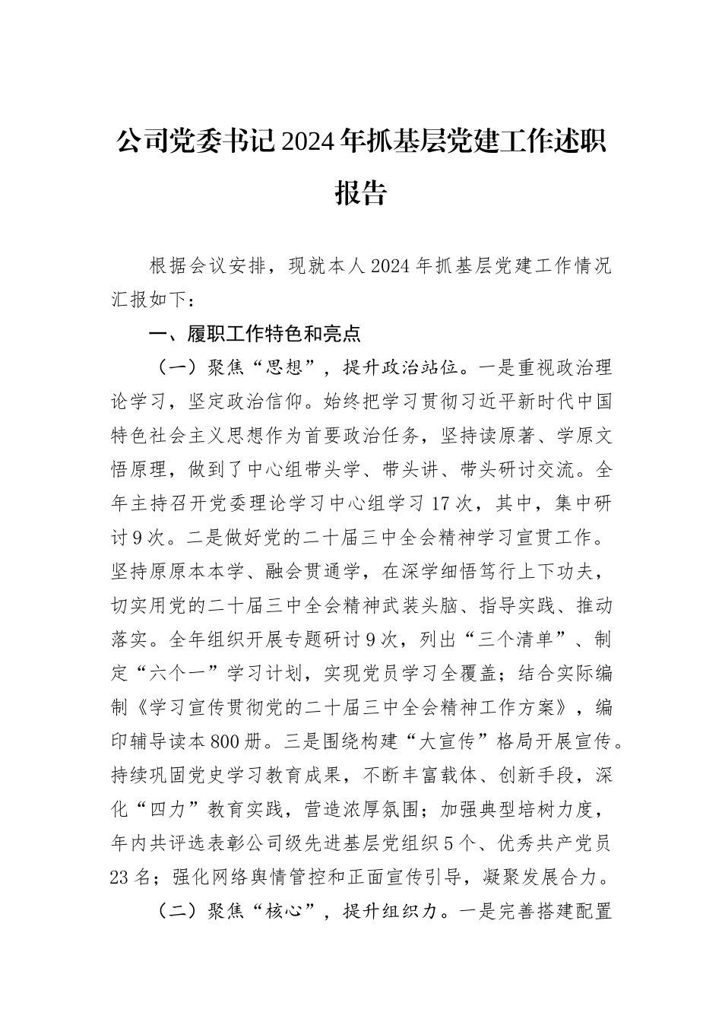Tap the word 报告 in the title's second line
[x=361, y=192]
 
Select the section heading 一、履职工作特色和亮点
[x=255, y=333]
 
